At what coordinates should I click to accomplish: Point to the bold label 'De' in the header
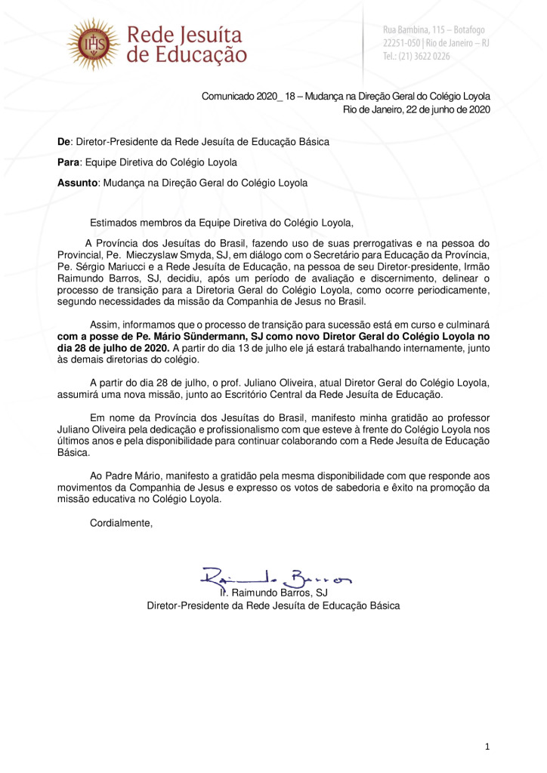tap(64, 142)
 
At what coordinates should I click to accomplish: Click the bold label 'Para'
tap(69, 162)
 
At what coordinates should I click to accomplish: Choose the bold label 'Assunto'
tap(77, 183)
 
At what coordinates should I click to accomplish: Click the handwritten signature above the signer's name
tap(275, 578)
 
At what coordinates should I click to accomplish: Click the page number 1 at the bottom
tap(487, 747)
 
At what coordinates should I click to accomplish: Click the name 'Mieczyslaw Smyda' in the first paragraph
tap(209, 256)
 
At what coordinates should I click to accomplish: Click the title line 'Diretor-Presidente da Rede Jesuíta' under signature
tap(230, 605)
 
